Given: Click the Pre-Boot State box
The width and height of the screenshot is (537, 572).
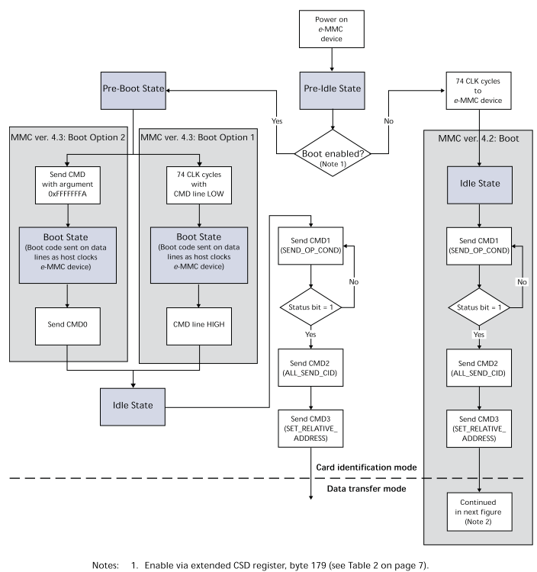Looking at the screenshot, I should pyautogui.click(x=134, y=90).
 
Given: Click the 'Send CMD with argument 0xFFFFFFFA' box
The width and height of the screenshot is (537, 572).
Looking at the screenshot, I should pyautogui.click(x=68, y=182).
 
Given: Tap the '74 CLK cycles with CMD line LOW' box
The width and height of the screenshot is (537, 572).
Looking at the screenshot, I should pyautogui.click(x=199, y=182).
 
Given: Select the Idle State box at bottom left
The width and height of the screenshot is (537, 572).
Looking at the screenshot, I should pyautogui.click(x=134, y=404).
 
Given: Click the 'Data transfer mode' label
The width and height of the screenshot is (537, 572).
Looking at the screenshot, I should pyautogui.click(x=365, y=488).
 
